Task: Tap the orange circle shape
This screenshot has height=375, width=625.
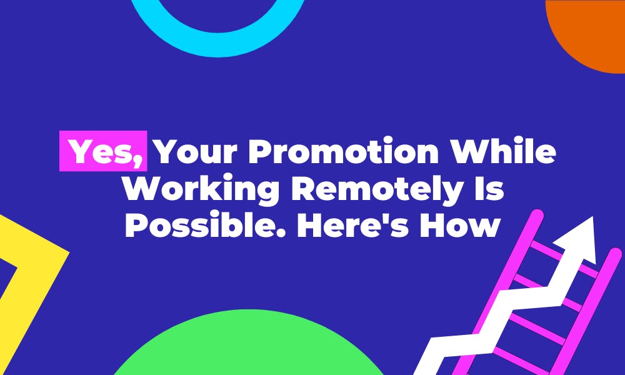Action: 591,31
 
